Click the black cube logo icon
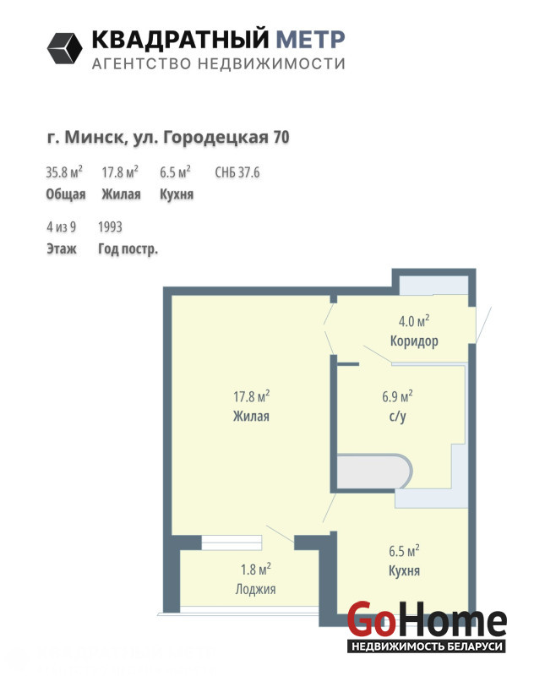click(x=64, y=48)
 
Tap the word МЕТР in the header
click(x=310, y=39)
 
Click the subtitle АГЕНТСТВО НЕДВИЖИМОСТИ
click(x=219, y=64)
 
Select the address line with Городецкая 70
click(x=168, y=138)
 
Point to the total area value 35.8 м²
click(x=64, y=172)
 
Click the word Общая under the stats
click(x=66, y=194)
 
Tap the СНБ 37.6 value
click(x=237, y=172)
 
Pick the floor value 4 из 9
click(x=61, y=226)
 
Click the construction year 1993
click(x=110, y=226)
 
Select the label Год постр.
click(x=128, y=248)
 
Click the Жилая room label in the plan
click(x=251, y=416)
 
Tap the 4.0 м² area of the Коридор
click(x=414, y=321)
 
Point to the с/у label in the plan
click(x=397, y=417)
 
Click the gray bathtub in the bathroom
click(x=374, y=472)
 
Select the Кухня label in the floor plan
click(x=404, y=571)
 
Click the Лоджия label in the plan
click(x=255, y=589)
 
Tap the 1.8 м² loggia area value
click(x=256, y=569)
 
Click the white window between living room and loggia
click(x=232, y=542)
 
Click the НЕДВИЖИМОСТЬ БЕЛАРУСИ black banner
click(x=427, y=646)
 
